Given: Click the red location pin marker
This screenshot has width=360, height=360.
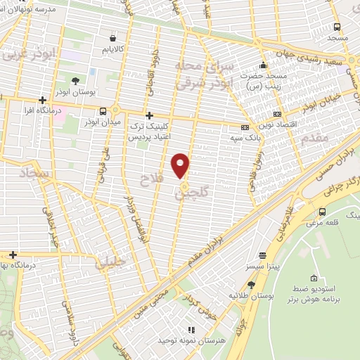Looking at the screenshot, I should click(x=181, y=165).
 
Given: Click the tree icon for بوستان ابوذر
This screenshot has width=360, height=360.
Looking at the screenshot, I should click(x=76, y=81).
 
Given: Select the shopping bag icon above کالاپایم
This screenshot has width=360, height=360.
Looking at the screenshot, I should click(x=113, y=38).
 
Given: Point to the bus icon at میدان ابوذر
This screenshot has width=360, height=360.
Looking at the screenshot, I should click(x=104, y=111).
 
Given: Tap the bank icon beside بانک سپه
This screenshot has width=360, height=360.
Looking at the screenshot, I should click(x=245, y=127).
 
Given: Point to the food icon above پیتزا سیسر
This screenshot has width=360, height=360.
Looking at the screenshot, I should click(x=262, y=256).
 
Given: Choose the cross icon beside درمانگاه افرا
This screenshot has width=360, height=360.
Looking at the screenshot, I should click(x=44, y=100).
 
